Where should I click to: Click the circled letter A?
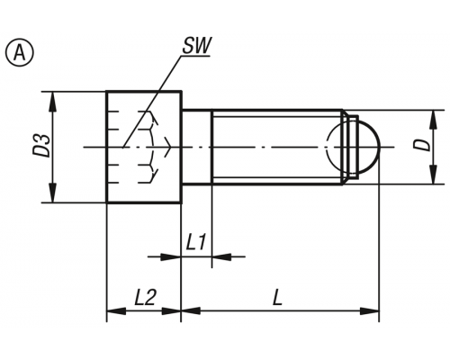20,54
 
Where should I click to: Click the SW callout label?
196,46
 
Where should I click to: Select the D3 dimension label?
41,146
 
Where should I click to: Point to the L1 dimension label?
196,242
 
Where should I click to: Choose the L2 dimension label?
145,298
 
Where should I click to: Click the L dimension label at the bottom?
277,298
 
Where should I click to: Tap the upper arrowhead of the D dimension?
433,120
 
